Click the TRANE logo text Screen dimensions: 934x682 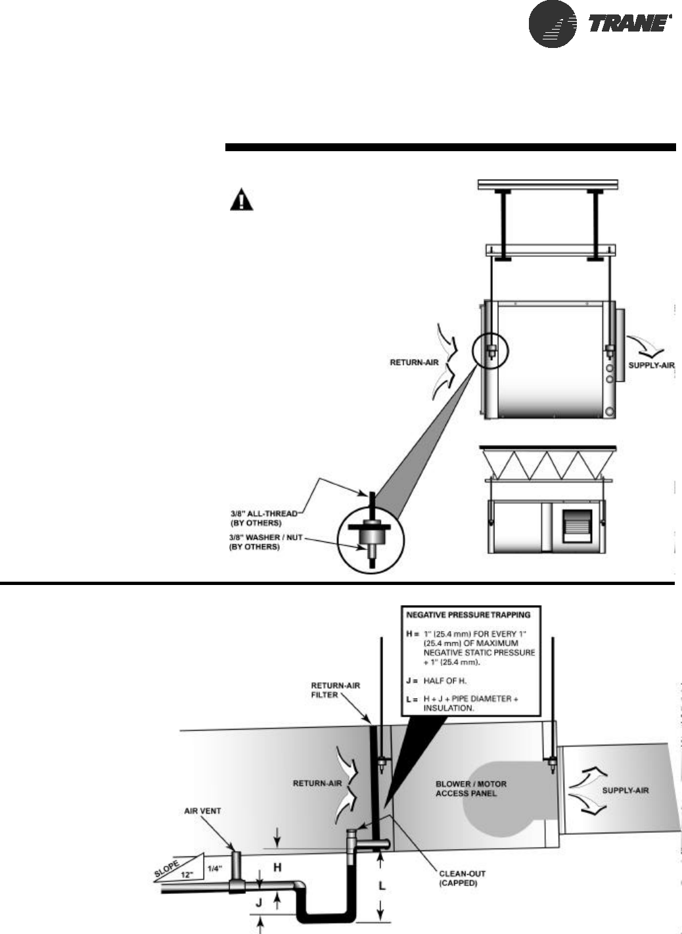[x=629, y=26]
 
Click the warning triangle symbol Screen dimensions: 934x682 [x=241, y=200]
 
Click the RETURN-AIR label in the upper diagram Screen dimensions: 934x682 [x=411, y=362]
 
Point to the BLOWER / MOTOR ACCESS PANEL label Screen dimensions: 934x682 [x=471, y=788]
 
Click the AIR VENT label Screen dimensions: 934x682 [x=202, y=811]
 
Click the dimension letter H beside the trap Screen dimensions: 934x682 [x=277, y=867]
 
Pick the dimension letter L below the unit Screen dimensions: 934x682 [x=382, y=887]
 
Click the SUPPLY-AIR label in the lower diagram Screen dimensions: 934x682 [x=625, y=789]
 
